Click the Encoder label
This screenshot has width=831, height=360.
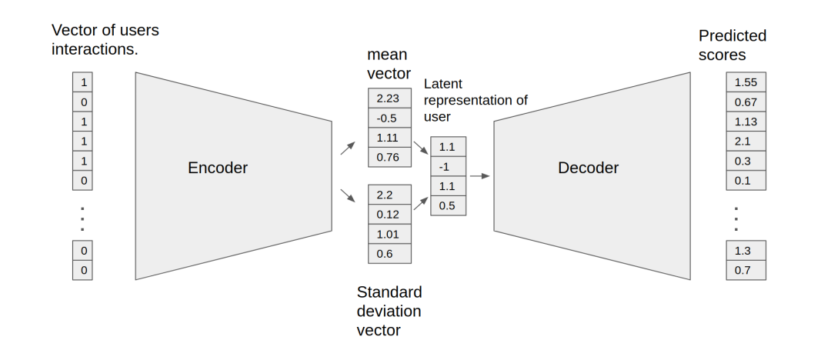(x=218, y=168)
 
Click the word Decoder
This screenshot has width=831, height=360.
(x=588, y=168)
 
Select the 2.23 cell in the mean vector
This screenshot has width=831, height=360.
(x=389, y=98)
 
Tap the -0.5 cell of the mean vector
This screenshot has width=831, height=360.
(x=389, y=118)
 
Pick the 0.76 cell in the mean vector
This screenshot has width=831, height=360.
(x=389, y=158)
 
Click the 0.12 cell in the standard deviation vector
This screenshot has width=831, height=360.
(x=389, y=214)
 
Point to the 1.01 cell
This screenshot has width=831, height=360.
(x=389, y=234)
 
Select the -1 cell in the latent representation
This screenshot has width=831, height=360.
(x=448, y=166)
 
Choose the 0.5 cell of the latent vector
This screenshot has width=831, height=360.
(x=448, y=205)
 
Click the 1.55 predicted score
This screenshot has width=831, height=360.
(x=746, y=82)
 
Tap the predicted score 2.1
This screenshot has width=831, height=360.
(x=746, y=142)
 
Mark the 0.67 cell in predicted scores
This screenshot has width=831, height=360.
(x=746, y=102)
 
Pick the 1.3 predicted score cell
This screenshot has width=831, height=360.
(x=746, y=250)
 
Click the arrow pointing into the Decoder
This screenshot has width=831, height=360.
(x=480, y=176)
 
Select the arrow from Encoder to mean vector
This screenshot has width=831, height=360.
(x=348, y=148)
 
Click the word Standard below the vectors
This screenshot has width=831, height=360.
(x=389, y=292)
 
